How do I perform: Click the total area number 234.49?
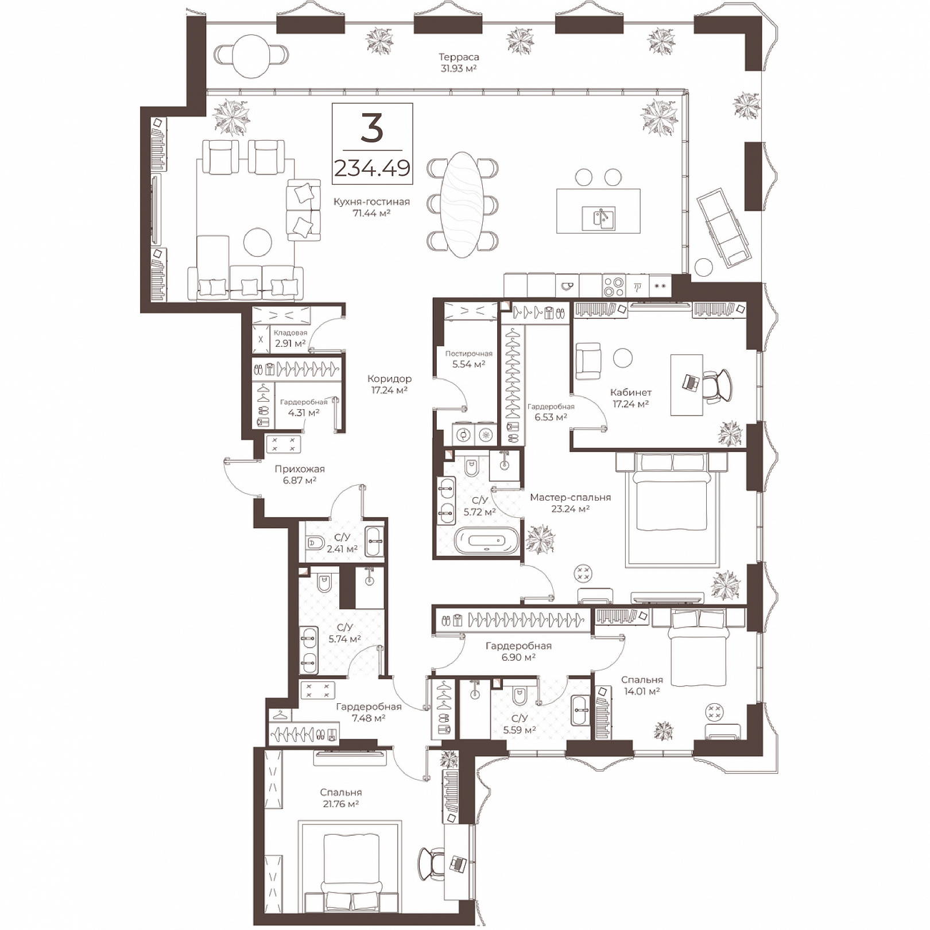pyautogui.click(x=372, y=168)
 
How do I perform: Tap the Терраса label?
pyautogui.click(x=459, y=57)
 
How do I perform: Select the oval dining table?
pyautogui.click(x=462, y=205)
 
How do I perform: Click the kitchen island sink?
pyautogui.click(x=598, y=218)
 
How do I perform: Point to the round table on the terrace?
pyautogui.click(x=251, y=56)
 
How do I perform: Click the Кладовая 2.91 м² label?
pyautogui.click(x=290, y=338)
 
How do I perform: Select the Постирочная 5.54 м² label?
pyautogui.click(x=468, y=359)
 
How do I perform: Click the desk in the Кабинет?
pyautogui.click(x=687, y=384)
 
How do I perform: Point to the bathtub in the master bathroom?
pyautogui.click(x=486, y=541)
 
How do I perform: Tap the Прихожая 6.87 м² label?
pyautogui.click(x=300, y=474)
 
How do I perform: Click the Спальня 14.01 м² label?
pyautogui.click(x=642, y=685)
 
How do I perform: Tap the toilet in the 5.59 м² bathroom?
pyautogui.click(x=520, y=695)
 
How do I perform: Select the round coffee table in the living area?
pyautogui.click(x=258, y=243)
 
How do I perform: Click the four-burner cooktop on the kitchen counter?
pyautogui.click(x=614, y=285)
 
